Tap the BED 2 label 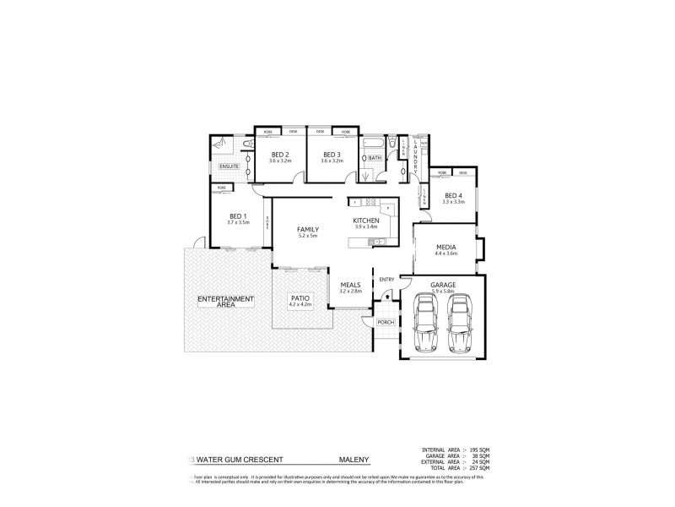click(x=279, y=155)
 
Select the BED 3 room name click(x=331, y=155)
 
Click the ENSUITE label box click(x=229, y=166)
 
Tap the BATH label click(x=375, y=157)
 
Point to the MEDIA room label click(x=445, y=247)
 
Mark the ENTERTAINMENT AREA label click(x=225, y=301)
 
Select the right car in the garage click(x=460, y=325)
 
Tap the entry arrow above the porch click(x=386, y=296)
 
